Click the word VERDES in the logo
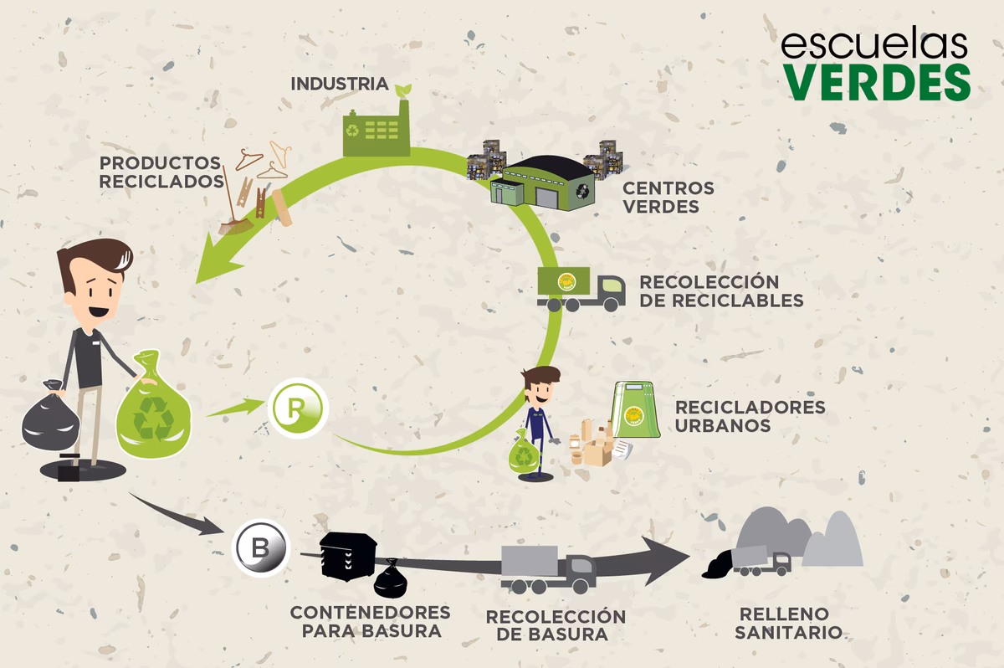coord(876,80)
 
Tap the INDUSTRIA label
coord(339,84)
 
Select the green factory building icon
coord(376,130)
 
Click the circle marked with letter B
coord(259,549)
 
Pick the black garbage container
coord(346,556)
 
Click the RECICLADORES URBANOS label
coord(750,416)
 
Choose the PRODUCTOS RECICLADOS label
coord(161,171)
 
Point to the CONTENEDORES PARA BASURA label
coord(370,621)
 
